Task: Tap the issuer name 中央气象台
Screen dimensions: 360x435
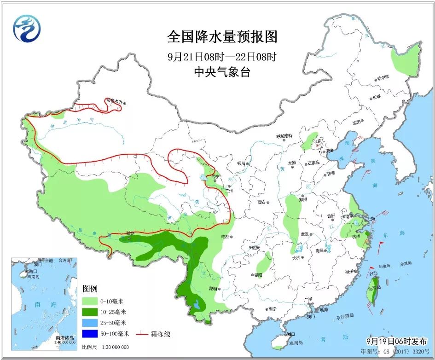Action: pyautogui.click(x=222, y=72)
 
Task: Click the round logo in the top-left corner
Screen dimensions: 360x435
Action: pyautogui.click(x=27, y=29)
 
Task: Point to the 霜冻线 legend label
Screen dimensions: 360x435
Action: pyautogui.click(x=160, y=334)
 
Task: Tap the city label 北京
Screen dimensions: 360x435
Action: pyautogui.click(x=317, y=141)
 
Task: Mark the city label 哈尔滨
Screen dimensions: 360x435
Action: pyautogui.click(x=383, y=77)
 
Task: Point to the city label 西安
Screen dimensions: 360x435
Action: pyautogui.click(x=262, y=202)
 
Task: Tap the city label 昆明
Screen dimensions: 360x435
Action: pyautogui.click(x=213, y=289)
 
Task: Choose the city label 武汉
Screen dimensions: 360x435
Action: pyautogui.click(x=305, y=234)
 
